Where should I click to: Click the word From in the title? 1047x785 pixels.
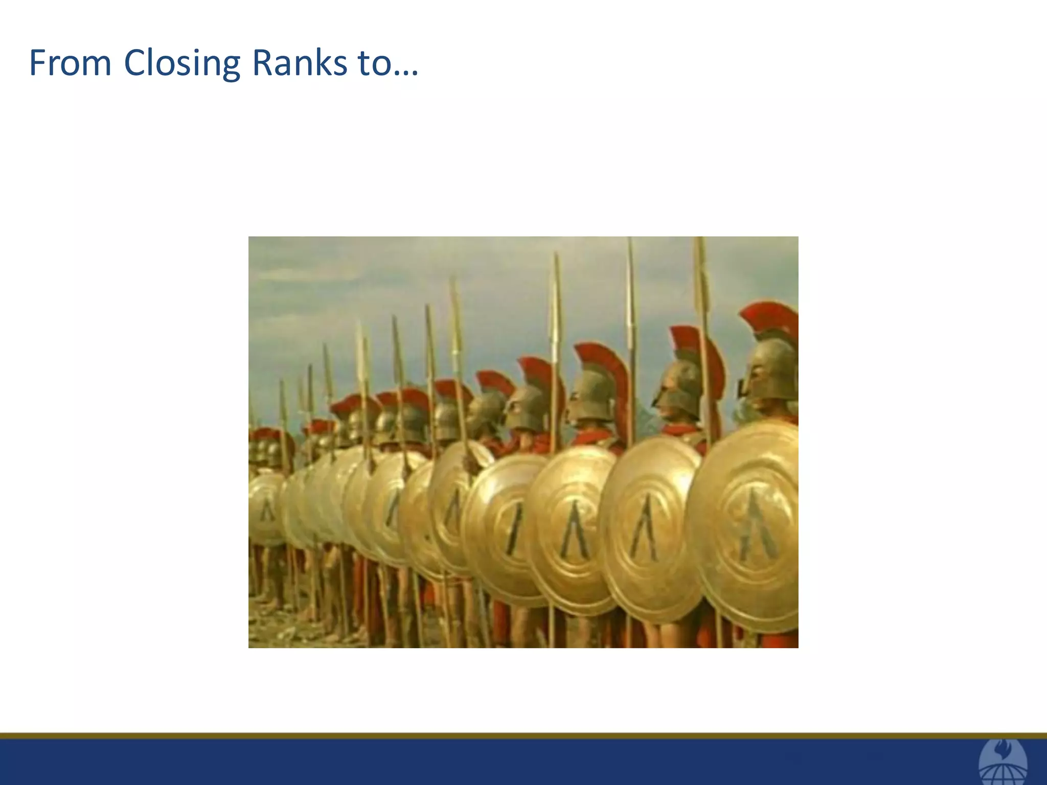click(70, 63)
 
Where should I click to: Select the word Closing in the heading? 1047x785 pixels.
click(181, 64)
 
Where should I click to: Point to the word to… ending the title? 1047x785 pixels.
click(388, 63)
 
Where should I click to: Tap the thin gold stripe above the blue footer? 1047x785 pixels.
click(511, 736)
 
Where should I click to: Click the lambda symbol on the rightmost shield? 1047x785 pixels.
click(758, 526)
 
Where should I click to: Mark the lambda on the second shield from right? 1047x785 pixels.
click(645, 529)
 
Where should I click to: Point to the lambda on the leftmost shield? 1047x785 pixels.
click(267, 510)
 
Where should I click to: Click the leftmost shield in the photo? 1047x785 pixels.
click(266, 509)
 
